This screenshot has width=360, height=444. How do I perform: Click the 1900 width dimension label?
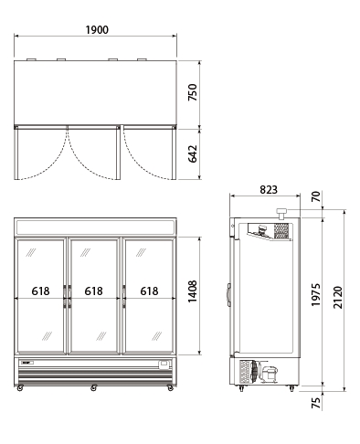click(x=97, y=30)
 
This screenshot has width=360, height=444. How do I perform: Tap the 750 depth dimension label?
click(x=193, y=92)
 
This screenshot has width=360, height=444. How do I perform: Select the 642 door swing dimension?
click(x=193, y=153)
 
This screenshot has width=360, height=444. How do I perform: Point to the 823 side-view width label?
click(x=269, y=190)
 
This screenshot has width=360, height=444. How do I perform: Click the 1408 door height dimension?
click(x=193, y=291)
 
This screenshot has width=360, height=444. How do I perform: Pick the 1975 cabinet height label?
click(x=316, y=295)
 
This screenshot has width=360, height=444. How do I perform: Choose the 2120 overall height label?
click(x=338, y=297)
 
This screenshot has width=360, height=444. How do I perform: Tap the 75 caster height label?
click(x=316, y=403)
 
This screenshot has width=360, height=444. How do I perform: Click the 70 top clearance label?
click(x=316, y=196)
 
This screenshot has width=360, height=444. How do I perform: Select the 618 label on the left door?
click(x=40, y=291)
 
